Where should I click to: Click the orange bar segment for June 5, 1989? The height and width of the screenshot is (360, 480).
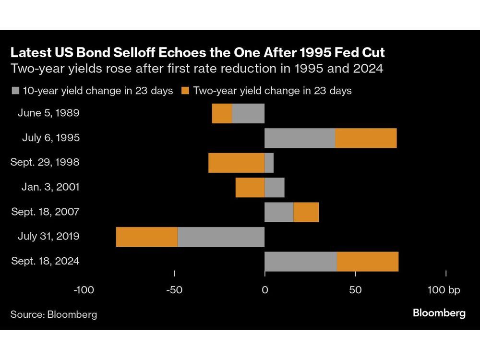[222, 113]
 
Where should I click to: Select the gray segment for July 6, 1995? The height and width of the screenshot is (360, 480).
[300, 138]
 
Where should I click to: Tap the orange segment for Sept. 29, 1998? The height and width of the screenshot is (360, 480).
[236, 163]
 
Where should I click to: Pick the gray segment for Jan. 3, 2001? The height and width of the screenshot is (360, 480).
[275, 187]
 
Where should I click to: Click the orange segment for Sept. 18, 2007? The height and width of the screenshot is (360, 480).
[306, 212]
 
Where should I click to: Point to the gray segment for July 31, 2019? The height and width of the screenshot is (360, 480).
[221, 237]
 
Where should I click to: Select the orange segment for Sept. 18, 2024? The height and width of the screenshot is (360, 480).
[368, 262]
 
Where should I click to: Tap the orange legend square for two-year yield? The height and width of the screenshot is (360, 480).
[185, 91]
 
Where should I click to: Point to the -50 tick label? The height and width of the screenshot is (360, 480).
[174, 290]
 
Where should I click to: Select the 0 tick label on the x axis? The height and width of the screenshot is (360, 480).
[264, 290]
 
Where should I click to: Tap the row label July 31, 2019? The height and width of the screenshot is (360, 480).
[48, 237]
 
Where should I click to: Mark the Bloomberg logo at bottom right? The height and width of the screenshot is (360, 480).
[439, 313]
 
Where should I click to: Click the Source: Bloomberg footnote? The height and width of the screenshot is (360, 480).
[54, 314]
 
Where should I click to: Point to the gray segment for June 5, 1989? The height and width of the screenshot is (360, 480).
[248, 113]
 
